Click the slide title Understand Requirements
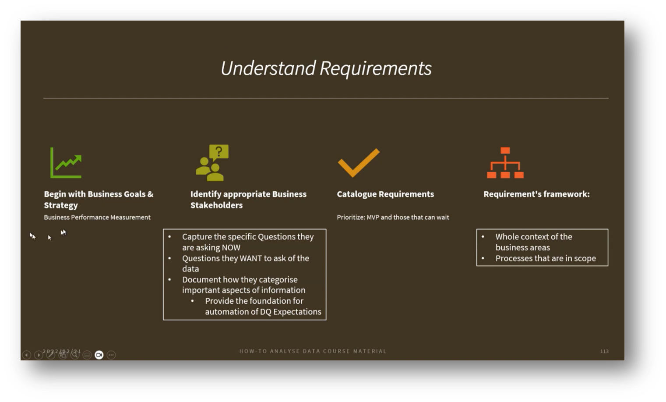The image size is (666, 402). coord(326,68)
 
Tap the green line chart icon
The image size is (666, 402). coord(66,162)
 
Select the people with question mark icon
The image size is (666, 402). coord(212,163)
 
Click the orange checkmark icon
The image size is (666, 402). coord(358,162)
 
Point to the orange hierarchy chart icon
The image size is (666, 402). coord(505,163)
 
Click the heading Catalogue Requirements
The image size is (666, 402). coord(385,194)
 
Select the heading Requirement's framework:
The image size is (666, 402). coord(536,194)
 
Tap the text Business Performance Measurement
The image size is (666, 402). coord(97,217)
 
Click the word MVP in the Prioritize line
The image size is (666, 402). coord(373,217)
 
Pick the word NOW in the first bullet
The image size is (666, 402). coord(231,247)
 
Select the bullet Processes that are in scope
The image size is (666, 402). coord(546,258)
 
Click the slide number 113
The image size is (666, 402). coord(604,351)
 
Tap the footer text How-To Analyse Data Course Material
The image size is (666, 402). coord(313,351)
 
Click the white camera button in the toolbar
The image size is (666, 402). coord(99,355)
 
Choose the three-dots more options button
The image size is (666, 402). coord(111,355)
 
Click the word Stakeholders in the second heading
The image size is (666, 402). coord(216,205)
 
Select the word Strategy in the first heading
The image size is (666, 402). coord(61,205)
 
